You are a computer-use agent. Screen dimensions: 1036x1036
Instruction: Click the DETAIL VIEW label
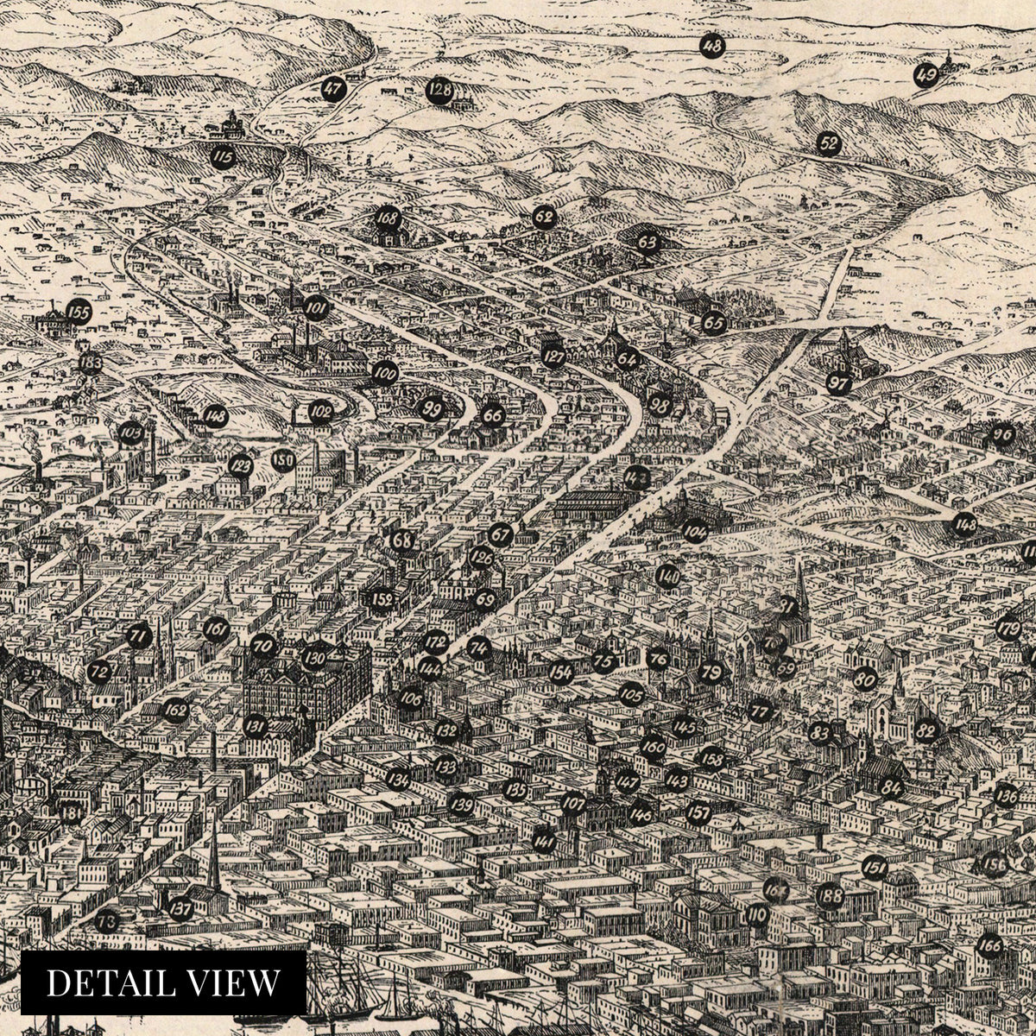click(x=163, y=982)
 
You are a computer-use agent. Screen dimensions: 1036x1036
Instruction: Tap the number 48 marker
click(x=712, y=46)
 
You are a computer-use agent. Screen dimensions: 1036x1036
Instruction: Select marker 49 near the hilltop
click(x=926, y=75)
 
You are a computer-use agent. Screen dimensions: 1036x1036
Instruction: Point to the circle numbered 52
click(x=829, y=144)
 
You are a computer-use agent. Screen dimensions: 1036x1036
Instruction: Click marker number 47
click(x=332, y=88)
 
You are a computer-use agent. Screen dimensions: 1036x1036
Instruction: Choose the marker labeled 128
click(x=439, y=91)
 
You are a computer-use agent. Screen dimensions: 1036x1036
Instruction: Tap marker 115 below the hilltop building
click(x=223, y=157)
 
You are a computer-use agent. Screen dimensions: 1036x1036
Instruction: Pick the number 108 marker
click(x=386, y=218)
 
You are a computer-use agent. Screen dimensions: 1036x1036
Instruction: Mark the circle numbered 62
click(x=543, y=217)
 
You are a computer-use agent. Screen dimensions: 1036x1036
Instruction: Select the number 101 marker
click(x=316, y=307)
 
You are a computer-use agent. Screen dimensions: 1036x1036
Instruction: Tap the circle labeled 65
click(x=713, y=324)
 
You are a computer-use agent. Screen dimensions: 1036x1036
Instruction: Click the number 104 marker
click(x=694, y=531)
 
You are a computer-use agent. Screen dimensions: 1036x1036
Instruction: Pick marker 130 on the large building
click(x=314, y=659)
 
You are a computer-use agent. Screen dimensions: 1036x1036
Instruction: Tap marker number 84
click(x=892, y=787)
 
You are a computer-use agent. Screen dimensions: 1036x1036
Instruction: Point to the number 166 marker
click(x=990, y=946)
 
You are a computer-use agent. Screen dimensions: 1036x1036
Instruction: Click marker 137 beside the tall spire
click(x=180, y=907)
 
